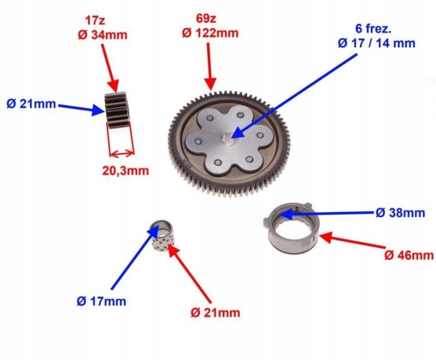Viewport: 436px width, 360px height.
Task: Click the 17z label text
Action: [x=95, y=20]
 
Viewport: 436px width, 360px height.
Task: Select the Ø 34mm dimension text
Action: [x=103, y=35]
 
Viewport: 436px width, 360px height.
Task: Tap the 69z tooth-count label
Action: [x=206, y=19]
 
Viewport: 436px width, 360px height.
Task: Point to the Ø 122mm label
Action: [x=210, y=34]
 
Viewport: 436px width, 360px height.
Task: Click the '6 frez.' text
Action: [x=374, y=29]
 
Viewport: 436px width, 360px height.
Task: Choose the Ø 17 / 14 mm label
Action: [x=377, y=43]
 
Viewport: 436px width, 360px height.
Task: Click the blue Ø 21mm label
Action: [x=31, y=104]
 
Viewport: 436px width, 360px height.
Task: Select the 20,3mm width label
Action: [x=126, y=170]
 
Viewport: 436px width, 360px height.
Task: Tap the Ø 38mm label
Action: [x=401, y=213]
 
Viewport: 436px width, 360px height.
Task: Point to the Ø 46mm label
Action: [x=409, y=255]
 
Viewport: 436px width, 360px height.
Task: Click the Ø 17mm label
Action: [x=101, y=301]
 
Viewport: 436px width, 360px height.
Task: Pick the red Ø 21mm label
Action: [x=216, y=313]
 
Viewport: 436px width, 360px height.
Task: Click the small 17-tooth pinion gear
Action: [x=117, y=110]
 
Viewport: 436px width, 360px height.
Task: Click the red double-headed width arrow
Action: [x=122, y=153]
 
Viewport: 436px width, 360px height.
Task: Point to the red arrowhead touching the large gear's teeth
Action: [x=210, y=84]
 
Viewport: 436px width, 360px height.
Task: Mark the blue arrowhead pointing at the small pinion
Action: [x=98, y=110]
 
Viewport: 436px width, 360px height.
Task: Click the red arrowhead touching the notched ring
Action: [x=325, y=238]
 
